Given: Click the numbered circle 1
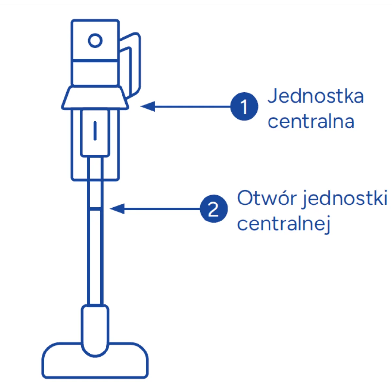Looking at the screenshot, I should [244, 106].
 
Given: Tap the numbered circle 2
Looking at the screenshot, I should [214, 209].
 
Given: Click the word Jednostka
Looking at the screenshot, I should [315, 96].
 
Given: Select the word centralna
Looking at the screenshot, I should [311, 122].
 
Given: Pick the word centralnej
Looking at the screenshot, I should [284, 224].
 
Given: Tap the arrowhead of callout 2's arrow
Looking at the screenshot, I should [117, 209].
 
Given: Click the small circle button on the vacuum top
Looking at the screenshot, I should [95, 41].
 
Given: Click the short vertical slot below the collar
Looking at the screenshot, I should [95, 131].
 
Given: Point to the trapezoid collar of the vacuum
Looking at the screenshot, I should [95, 98].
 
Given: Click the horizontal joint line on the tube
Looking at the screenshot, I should [95, 208].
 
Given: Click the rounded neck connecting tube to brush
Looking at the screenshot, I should [95, 330].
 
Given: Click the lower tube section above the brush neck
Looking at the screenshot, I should [95, 258].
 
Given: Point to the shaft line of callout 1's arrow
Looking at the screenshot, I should [193, 106].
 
